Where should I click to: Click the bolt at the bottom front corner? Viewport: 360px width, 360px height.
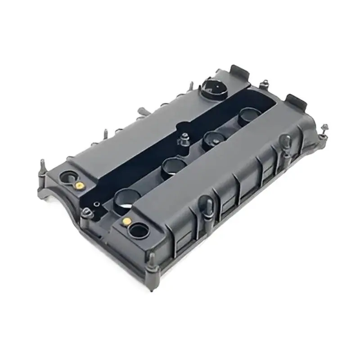point(152,260)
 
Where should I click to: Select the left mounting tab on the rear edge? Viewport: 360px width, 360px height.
point(238,71)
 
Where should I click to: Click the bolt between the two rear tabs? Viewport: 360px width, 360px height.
point(265,84)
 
